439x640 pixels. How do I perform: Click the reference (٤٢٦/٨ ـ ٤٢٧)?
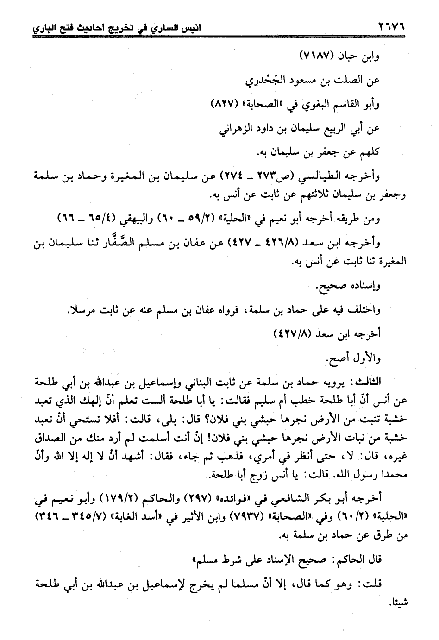coord(274,243)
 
